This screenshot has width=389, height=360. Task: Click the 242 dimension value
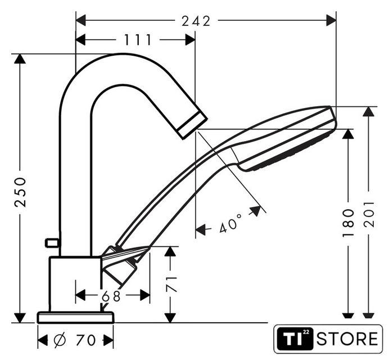click(x=196, y=21)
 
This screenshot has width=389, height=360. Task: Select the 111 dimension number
click(x=138, y=40)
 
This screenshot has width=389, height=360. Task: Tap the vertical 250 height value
click(x=20, y=192)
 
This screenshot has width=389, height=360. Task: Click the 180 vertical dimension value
click(x=348, y=223)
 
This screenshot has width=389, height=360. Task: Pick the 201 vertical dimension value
click(x=369, y=214)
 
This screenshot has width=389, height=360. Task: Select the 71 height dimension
click(x=171, y=284)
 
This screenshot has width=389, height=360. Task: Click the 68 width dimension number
click(x=111, y=296)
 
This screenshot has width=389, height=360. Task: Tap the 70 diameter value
click(x=85, y=340)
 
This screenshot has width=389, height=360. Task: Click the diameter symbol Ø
click(x=60, y=340)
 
